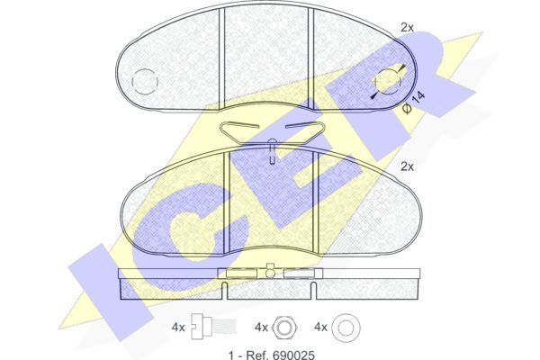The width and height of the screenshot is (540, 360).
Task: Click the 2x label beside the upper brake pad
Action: pos(407,27)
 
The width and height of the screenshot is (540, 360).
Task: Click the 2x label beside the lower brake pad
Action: pos(407,166)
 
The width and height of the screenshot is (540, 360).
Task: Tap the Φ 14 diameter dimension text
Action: pos(414,102)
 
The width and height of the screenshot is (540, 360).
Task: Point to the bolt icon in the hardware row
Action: pos(214,327)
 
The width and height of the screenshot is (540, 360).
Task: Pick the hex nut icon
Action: pos(285,327)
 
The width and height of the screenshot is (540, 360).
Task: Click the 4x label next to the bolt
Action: pos(178,328)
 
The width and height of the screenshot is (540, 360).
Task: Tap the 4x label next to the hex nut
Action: pos(261,328)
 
